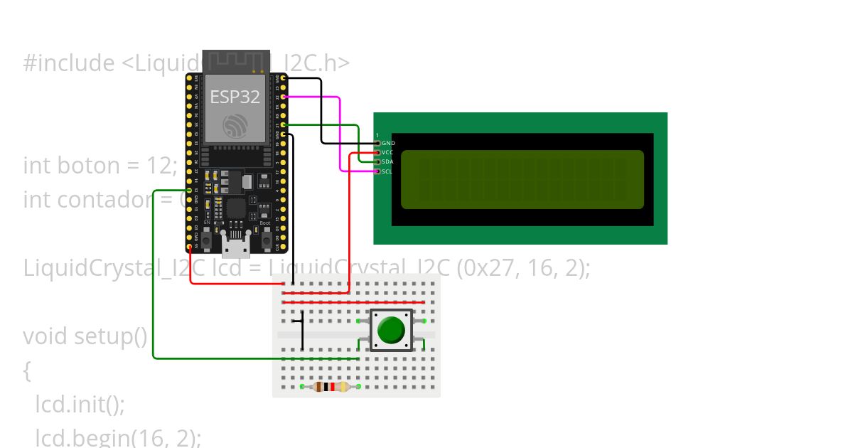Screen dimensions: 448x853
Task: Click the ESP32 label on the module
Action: (235, 97)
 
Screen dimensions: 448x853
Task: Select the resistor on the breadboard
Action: (331, 387)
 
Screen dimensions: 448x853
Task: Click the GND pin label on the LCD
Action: (388, 143)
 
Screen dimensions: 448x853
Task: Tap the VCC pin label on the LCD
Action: (387, 152)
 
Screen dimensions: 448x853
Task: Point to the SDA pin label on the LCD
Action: (387, 161)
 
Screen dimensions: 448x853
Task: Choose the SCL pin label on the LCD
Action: (387, 171)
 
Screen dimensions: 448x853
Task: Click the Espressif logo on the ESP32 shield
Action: (235, 126)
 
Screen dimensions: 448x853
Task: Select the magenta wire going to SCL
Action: (340, 135)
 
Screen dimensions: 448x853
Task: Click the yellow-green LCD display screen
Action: (522, 179)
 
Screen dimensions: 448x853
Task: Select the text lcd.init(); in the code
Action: (80, 405)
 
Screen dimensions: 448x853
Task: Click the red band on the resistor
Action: (332, 387)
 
